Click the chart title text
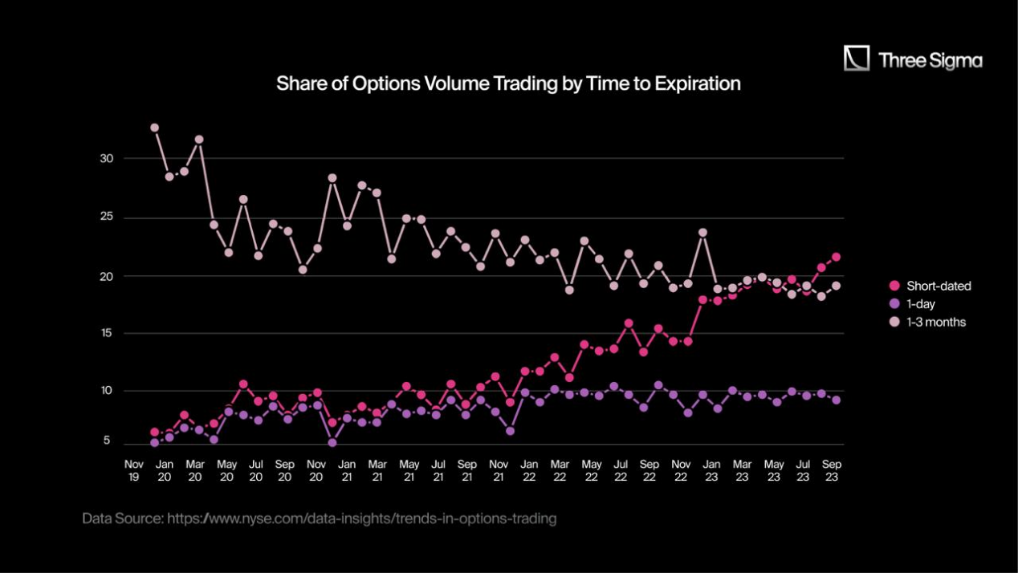tap(508, 83)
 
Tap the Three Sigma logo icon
tap(857, 59)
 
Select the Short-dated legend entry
tap(938, 286)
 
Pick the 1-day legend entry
tap(920, 304)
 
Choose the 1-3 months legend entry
tap(935, 322)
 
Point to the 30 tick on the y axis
tap(107, 159)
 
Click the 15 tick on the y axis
tap(107, 333)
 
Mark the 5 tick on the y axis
tap(106, 441)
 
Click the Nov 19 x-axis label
tap(133, 470)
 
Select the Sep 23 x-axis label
tap(833, 470)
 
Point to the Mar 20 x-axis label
tap(195, 470)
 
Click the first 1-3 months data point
tap(154, 128)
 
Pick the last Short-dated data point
tap(836, 257)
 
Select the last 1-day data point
tap(836, 400)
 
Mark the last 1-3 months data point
tap(836, 286)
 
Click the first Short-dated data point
tap(154, 433)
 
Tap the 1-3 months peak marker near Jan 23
tap(702, 233)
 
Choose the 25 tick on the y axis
tap(107, 217)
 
